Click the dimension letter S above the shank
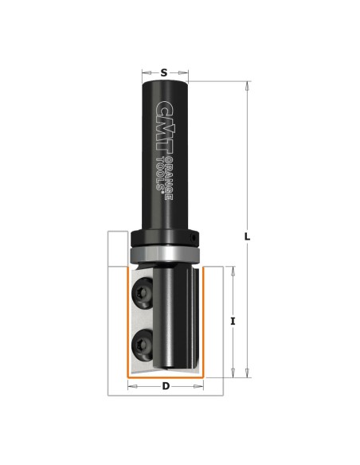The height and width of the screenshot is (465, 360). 164,72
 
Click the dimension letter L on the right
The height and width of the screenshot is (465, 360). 247,237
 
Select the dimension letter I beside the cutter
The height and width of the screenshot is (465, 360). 233,321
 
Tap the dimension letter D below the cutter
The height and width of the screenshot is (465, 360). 166,386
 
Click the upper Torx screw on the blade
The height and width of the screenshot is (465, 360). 142,294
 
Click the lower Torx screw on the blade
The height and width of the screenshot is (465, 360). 142,346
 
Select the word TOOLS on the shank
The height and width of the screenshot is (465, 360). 160,174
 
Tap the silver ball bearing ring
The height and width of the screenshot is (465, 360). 165,255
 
